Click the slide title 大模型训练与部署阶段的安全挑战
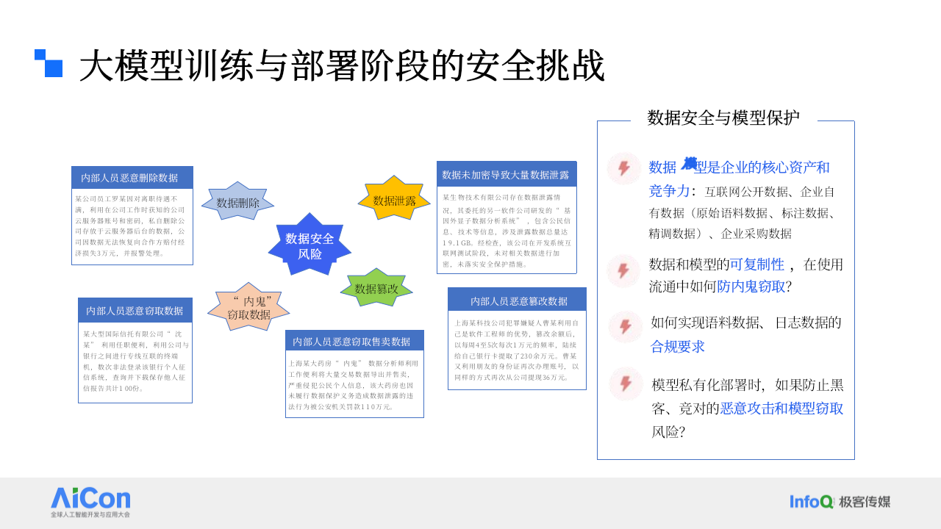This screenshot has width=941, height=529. pos(342,66)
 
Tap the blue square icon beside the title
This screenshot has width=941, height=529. pos(49,63)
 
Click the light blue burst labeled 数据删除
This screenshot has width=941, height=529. pos(237,203)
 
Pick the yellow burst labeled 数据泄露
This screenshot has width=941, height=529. pos(394,201)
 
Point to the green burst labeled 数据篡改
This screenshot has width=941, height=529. pos(376,289)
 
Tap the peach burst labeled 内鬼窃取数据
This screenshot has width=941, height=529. pos(248,308)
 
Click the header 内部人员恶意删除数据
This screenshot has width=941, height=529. pos(132,178)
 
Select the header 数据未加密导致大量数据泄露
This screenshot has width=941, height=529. pos(507,174)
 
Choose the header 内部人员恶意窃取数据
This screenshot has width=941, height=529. pos(135,310)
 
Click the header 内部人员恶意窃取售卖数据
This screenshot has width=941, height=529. pos(354,341)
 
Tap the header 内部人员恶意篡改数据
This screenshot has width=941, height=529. pos(517,300)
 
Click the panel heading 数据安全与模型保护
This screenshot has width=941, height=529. pos(723,118)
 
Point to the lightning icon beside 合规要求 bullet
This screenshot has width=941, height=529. pos(626,327)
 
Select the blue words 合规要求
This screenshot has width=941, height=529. pos(678,346)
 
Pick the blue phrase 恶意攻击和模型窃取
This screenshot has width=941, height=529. pos(781,409)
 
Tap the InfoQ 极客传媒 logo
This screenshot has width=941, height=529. pos(840,502)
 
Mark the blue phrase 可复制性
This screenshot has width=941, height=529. pos(756,264)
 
